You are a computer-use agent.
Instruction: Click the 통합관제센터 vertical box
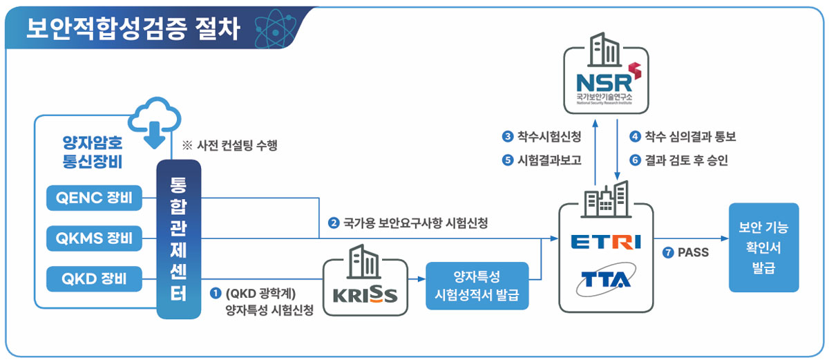[x=179, y=239]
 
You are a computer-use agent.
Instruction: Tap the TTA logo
[x=606, y=280]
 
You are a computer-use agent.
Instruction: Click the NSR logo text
[x=600, y=73]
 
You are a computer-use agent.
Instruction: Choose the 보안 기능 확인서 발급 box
[x=763, y=247]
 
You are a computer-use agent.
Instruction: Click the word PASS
[x=694, y=253]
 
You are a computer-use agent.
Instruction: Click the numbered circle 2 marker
[x=334, y=223]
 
